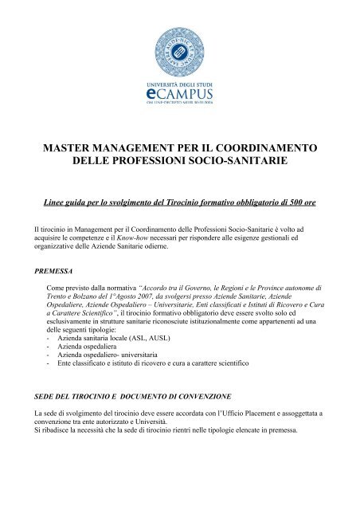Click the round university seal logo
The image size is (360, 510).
pos(179,49)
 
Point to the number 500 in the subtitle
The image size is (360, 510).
pos(298,204)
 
